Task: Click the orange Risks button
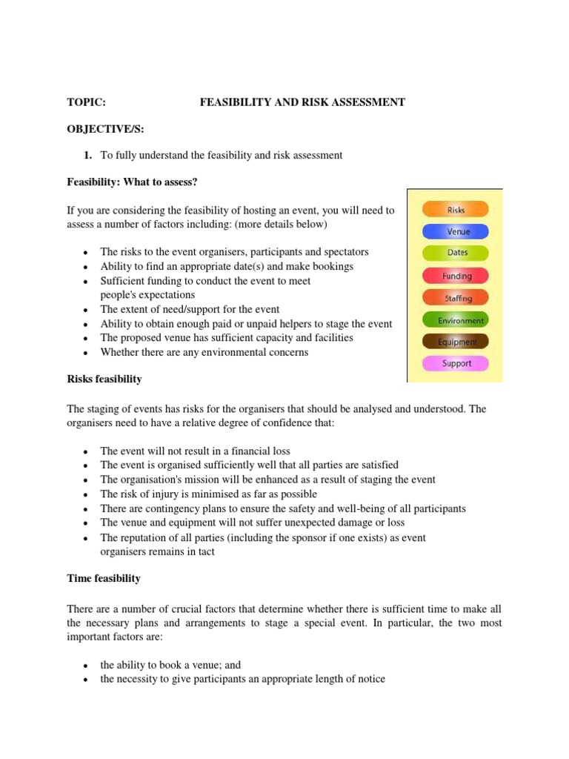coord(456,210)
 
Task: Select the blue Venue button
coord(456,231)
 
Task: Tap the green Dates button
coord(456,253)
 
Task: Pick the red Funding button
coord(456,276)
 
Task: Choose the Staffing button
coord(456,298)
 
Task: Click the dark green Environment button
coord(456,320)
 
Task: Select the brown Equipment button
coord(456,342)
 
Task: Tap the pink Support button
coord(456,364)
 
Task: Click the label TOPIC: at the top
coord(86,102)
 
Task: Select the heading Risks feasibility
coord(104,379)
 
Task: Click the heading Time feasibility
coord(104,577)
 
